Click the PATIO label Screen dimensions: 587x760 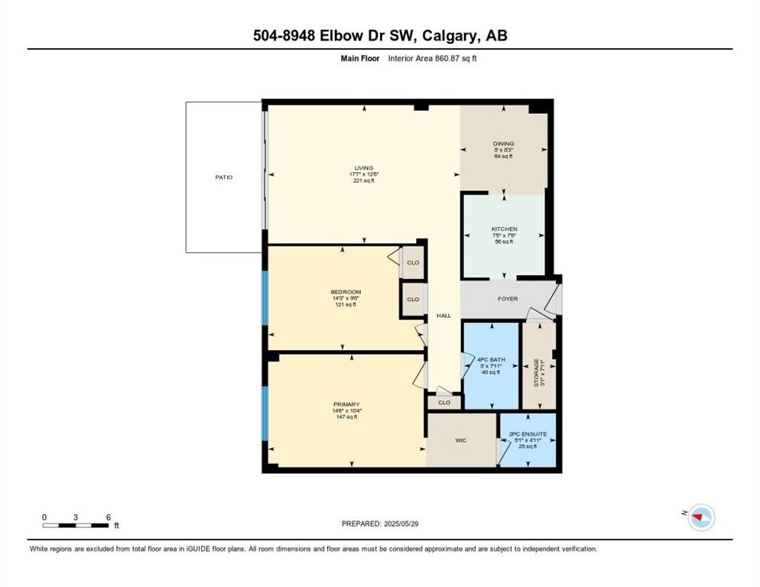tap(223, 177)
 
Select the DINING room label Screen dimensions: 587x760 tap(503, 143)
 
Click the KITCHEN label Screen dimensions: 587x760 tap(504, 229)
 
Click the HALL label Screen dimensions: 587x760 tap(443, 315)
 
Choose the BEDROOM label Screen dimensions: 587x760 tap(346, 292)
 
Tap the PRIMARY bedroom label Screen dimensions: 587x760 tap(346, 404)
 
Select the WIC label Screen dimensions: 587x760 tap(462, 440)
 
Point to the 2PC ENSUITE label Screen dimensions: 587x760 tap(528, 434)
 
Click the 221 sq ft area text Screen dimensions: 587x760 tap(364, 180)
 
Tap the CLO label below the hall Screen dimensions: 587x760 tap(444, 402)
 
